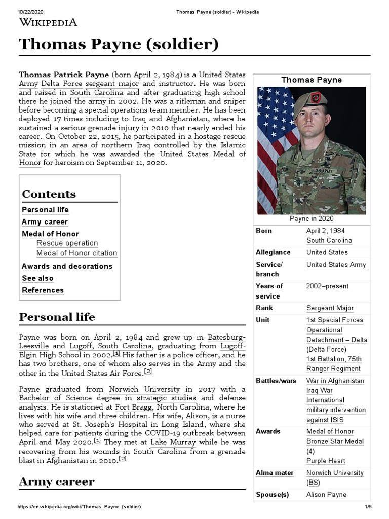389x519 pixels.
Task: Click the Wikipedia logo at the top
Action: tap(48, 22)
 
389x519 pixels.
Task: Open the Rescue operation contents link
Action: tap(67, 243)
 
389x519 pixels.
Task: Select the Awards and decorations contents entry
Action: tap(67, 266)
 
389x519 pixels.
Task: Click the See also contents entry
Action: tap(37, 278)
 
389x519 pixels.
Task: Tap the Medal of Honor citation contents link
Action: tap(76, 253)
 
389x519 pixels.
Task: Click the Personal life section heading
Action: tap(57, 317)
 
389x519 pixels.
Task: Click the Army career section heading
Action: tap(56, 481)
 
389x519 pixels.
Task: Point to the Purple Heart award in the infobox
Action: tap(326, 461)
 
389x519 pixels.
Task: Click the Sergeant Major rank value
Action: tap(330, 308)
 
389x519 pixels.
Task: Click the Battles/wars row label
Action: tap(275, 381)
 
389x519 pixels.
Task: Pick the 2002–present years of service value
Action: tap(327, 286)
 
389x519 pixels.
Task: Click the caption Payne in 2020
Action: tap(312, 218)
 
